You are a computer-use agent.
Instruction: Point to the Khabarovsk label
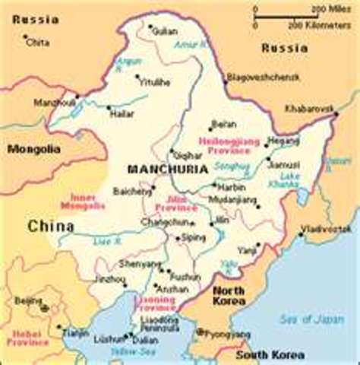pos(309,109)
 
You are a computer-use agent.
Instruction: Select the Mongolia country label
pos(33,149)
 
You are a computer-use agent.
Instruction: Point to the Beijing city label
pos(29,301)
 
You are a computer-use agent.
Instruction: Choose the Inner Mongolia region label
pos(87,202)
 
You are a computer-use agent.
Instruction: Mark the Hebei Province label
pos(28,338)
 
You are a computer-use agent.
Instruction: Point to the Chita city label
pos(37,43)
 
